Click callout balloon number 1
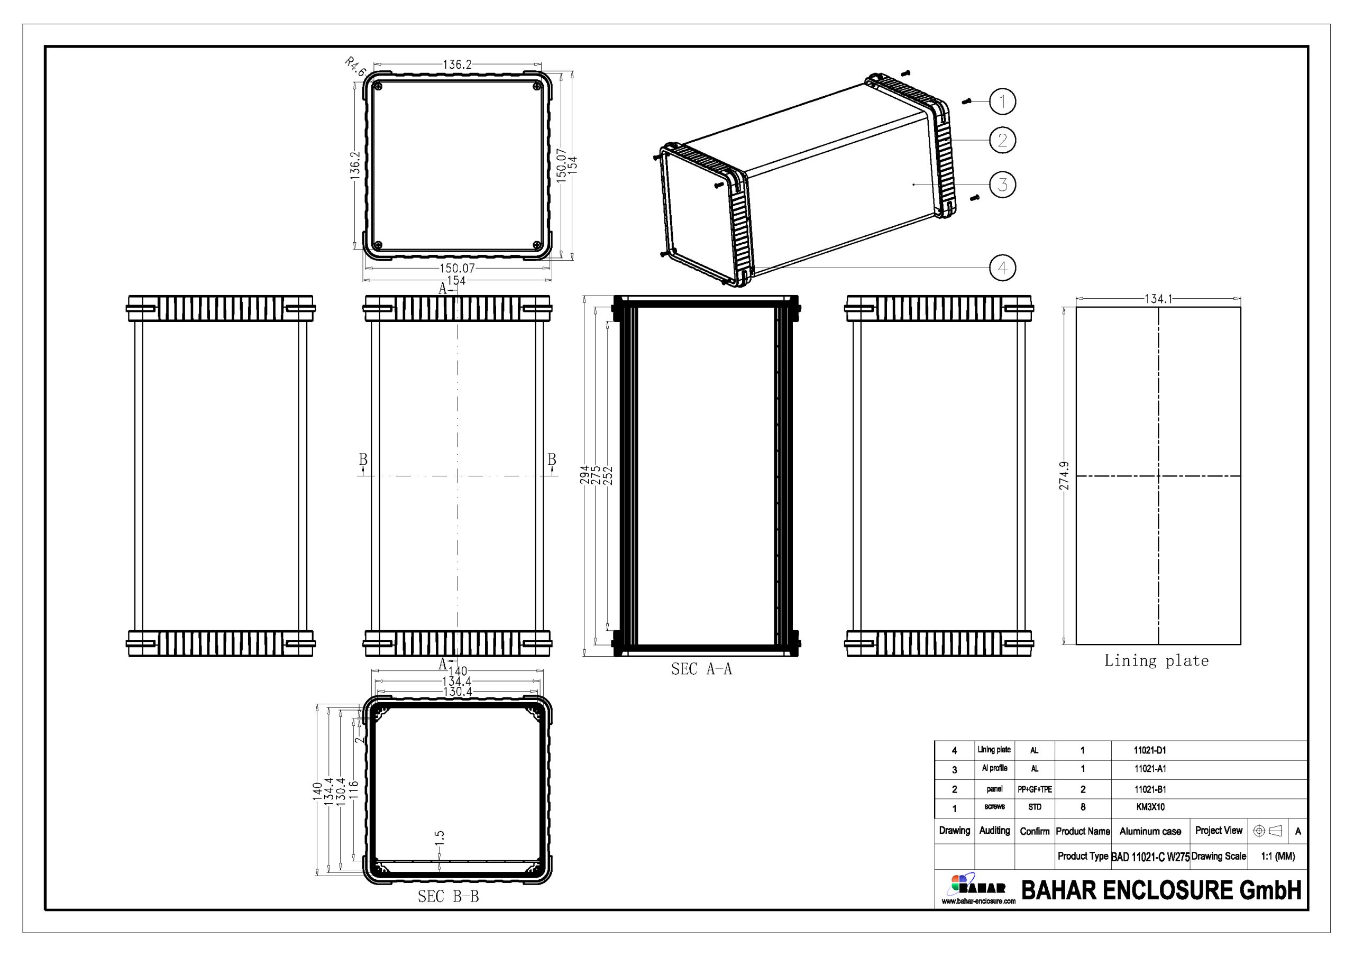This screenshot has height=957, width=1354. click(x=1002, y=102)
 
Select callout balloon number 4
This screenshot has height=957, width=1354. click(x=1002, y=268)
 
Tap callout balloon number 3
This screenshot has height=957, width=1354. click(x=1002, y=185)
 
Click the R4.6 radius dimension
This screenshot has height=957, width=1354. click(x=355, y=67)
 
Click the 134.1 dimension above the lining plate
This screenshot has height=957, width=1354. click(x=1158, y=299)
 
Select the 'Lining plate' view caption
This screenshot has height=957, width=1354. click(x=1156, y=661)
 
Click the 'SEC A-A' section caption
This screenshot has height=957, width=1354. click(x=701, y=669)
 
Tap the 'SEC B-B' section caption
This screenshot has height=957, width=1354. click(x=448, y=896)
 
